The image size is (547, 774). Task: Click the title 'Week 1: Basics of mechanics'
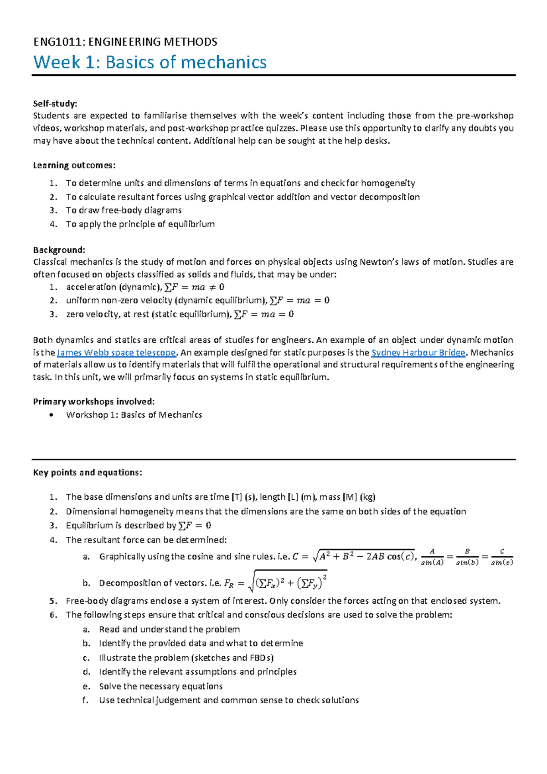click(x=150, y=62)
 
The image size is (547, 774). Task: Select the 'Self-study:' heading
click(x=55, y=104)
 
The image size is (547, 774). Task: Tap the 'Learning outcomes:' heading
click(x=74, y=165)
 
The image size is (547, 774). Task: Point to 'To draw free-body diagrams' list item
click(x=124, y=210)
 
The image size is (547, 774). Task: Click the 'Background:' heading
click(x=59, y=250)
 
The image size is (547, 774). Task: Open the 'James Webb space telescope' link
click(x=116, y=353)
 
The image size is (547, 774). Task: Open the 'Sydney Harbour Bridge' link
click(x=418, y=353)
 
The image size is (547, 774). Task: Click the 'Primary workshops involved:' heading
click(x=94, y=402)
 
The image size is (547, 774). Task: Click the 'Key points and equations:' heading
click(x=88, y=473)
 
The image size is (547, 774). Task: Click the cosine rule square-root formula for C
click(x=354, y=556)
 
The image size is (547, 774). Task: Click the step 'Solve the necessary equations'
click(x=161, y=686)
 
